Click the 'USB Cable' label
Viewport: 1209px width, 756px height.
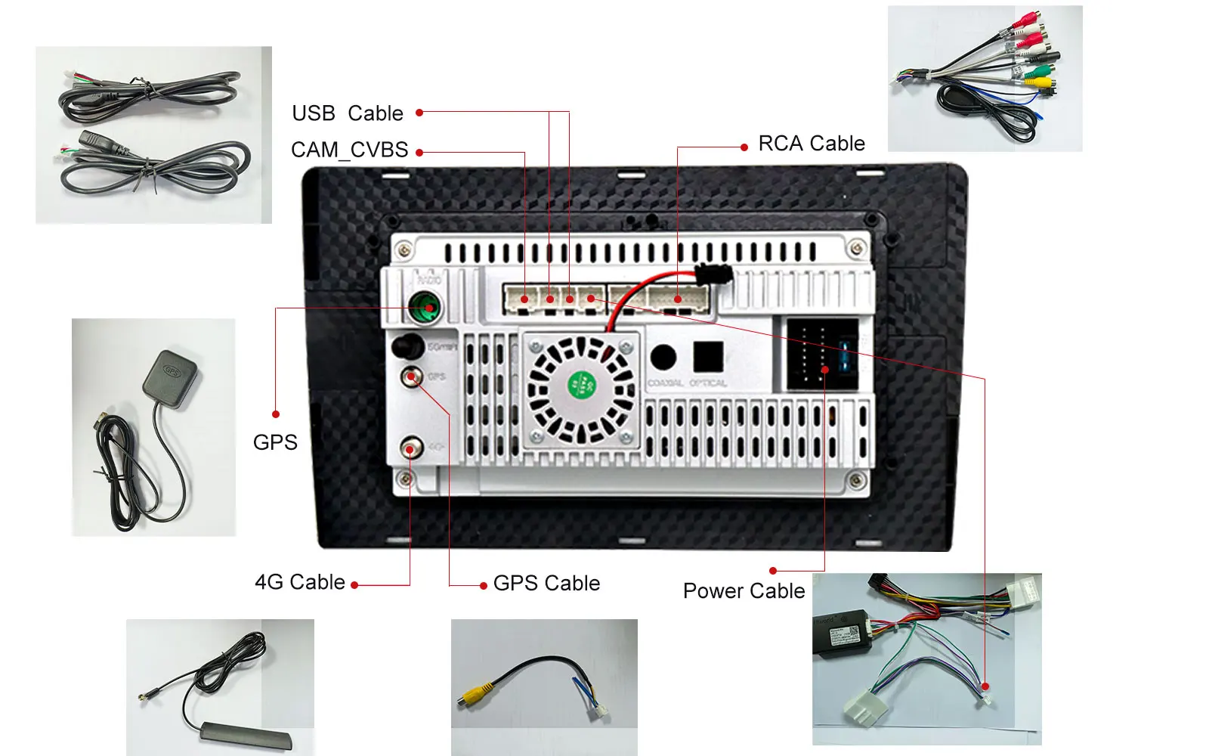[x=348, y=113]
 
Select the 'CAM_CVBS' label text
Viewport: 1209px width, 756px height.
[x=349, y=150]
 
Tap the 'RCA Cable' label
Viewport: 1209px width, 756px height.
[x=812, y=144]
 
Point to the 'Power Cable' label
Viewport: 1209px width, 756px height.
[x=744, y=591]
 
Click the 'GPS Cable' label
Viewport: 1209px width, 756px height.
[x=546, y=584]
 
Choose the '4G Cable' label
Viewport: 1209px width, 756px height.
[x=300, y=582]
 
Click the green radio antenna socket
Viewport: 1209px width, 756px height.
[x=425, y=308]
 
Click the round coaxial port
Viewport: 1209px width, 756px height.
[x=663, y=357]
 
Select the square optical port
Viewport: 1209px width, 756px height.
[x=708, y=356]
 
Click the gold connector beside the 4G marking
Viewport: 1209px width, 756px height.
[x=410, y=449]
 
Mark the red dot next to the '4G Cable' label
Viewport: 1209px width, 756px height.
[x=354, y=584]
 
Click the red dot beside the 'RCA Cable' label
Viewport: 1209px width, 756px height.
[x=744, y=147]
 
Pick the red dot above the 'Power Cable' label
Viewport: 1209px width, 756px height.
[x=773, y=571]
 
